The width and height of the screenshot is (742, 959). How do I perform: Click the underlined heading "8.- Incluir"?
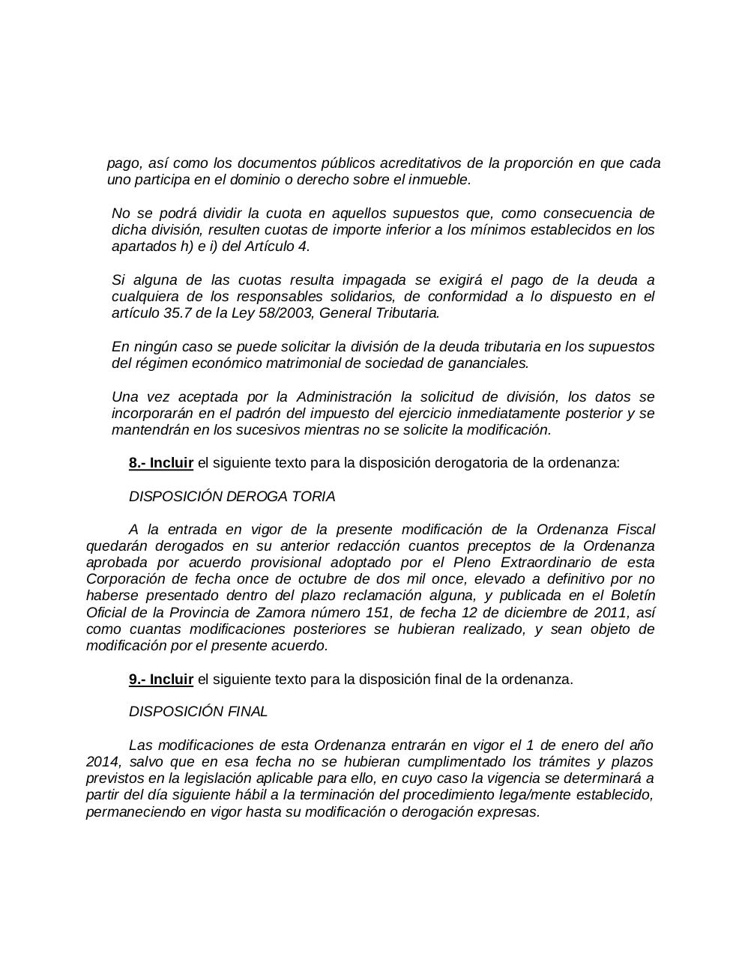pyautogui.click(x=161, y=463)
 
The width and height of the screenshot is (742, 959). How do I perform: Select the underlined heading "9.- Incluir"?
pyautogui.click(x=161, y=680)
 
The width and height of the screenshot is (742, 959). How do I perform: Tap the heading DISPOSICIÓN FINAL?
pyautogui.click(x=198, y=712)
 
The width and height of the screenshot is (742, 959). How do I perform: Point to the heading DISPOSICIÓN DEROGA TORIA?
pyautogui.click(x=232, y=497)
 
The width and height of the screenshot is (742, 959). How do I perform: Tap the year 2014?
pyautogui.click(x=101, y=762)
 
